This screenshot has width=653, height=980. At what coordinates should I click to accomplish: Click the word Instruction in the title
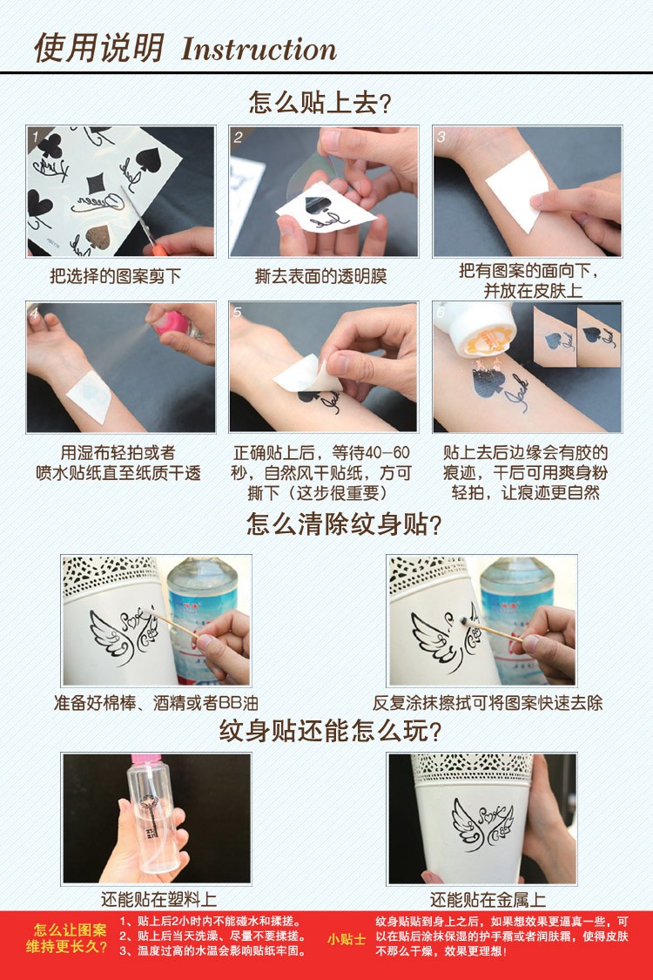(x=259, y=48)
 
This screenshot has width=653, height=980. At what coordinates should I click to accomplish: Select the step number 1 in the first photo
(x=36, y=137)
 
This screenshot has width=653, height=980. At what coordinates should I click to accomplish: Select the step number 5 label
(x=238, y=313)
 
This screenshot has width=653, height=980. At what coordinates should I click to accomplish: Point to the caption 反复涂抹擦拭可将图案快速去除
(x=488, y=702)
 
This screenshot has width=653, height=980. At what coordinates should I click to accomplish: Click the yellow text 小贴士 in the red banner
(x=347, y=939)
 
